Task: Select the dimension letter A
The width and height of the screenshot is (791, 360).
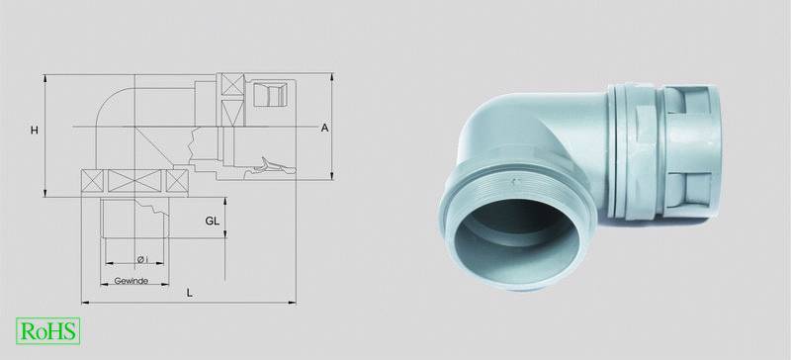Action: pyautogui.click(x=324, y=128)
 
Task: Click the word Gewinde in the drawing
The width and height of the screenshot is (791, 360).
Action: pyautogui.click(x=131, y=282)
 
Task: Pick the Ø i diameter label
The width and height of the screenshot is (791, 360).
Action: pyautogui.click(x=141, y=259)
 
